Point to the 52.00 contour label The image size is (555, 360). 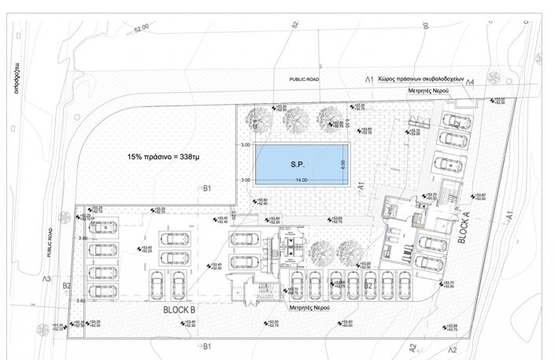141,28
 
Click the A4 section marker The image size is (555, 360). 469,82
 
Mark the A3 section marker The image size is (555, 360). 47,279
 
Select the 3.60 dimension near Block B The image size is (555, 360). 81,300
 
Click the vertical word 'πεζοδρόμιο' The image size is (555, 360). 15,78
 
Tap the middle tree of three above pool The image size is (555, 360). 297,117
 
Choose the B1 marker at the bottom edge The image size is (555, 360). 207,346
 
